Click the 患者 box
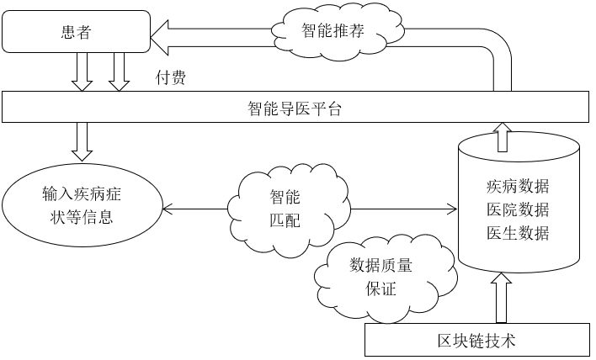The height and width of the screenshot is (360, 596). tap(76, 33)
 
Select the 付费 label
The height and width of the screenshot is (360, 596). tap(171, 78)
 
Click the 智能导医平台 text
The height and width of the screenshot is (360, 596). tap(294, 109)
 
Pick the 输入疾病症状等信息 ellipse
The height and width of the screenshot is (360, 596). tap(82, 206)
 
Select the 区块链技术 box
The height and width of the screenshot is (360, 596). tap(476, 340)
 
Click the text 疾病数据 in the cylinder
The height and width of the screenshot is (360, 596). tap(518, 186)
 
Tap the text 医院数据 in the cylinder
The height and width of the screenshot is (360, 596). tap(518, 209)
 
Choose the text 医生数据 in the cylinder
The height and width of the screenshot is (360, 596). tap(518, 233)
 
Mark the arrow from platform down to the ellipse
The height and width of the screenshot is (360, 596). tap(82, 140)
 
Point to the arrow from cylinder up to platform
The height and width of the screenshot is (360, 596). tap(503, 135)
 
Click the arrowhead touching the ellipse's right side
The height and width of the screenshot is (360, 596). tap(166, 209)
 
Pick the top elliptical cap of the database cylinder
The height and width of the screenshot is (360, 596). tap(519, 149)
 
